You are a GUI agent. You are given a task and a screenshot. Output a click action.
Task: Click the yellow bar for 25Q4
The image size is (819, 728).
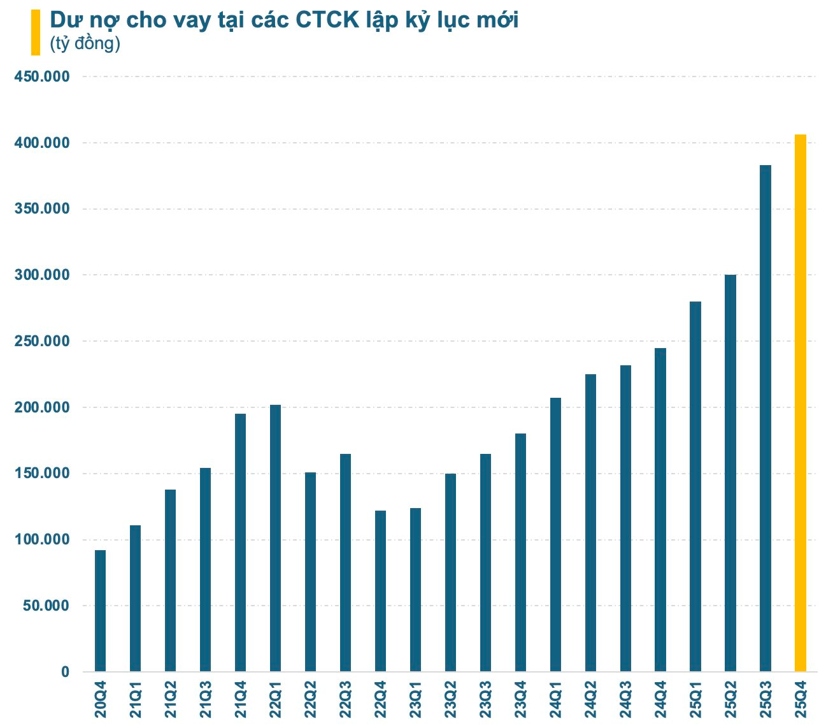[x=801, y=403]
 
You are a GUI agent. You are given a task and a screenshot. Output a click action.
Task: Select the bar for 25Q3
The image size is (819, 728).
[x=766, y=418]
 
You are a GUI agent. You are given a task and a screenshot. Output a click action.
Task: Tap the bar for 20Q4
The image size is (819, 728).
[x=101, y=611]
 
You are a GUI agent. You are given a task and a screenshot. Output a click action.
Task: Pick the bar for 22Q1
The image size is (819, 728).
[x=275, y=538]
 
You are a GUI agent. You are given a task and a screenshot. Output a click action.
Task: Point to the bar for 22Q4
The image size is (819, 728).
[x=380, y=591]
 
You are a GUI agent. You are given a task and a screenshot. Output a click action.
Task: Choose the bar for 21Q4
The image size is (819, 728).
[x=240, y=542]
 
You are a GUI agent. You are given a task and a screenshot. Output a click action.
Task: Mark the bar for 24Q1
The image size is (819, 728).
[x=555, y=535]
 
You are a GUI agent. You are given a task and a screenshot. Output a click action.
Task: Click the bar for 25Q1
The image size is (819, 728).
[x=695, y=486]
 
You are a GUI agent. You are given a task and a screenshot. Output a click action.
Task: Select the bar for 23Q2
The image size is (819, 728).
[x=450, y=572]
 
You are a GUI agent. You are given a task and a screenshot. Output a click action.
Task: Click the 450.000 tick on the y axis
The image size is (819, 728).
[x=41, y=76]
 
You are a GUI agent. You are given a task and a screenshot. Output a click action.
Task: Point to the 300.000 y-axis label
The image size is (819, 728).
[x=41, y=275]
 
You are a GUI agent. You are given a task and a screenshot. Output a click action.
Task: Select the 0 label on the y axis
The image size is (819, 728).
[x=65, y=672]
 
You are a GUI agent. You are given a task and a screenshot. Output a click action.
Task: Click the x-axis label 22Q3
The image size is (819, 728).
[x=345, y=701]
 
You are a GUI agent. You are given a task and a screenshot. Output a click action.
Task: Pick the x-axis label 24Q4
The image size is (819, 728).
[x=660, y=701]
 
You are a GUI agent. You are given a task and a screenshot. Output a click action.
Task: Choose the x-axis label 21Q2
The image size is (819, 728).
[x=170, y=701]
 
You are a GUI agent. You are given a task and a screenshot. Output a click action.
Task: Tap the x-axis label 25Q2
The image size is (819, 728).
[x=730, y=701]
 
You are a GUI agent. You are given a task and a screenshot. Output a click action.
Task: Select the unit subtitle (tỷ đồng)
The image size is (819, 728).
[x=85, y=44]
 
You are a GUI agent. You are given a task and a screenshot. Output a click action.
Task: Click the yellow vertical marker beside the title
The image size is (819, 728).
[x=36, y=32]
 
